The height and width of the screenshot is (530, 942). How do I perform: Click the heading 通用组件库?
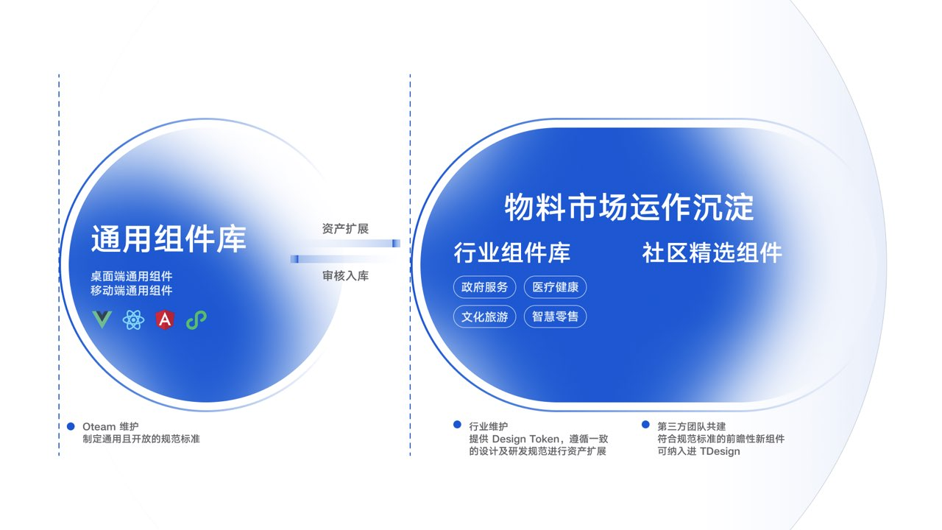coord(169,239)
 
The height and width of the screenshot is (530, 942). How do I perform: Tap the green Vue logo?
coord(101,319)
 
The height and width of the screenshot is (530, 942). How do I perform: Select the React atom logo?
coord(133,319)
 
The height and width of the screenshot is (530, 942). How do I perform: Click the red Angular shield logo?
coord(165,319)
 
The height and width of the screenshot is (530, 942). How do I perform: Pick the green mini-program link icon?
coord(196,319)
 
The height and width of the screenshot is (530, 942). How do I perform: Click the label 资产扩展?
coord(345,229)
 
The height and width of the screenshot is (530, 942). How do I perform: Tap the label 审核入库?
coord(345,276)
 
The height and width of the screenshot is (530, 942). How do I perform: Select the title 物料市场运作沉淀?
coord(629,208)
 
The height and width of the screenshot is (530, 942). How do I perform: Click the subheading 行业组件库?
coord(512,253)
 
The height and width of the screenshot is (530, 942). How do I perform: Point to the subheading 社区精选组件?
coord(712,253)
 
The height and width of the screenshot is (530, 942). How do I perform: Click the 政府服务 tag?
coord(485,287)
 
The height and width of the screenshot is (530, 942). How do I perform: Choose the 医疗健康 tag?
coord(555,287)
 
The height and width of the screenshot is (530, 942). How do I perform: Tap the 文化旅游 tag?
coord(485,317)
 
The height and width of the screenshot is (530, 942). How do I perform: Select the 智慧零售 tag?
coord(555,317)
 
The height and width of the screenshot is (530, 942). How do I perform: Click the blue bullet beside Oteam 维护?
coord(71,426)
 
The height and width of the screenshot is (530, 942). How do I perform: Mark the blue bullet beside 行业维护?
coord(458,425)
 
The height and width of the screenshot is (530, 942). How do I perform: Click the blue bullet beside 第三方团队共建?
coord(645,425)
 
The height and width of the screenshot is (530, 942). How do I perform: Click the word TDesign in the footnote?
coord(720,451)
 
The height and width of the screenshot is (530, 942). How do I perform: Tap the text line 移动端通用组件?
coord(132,291)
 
